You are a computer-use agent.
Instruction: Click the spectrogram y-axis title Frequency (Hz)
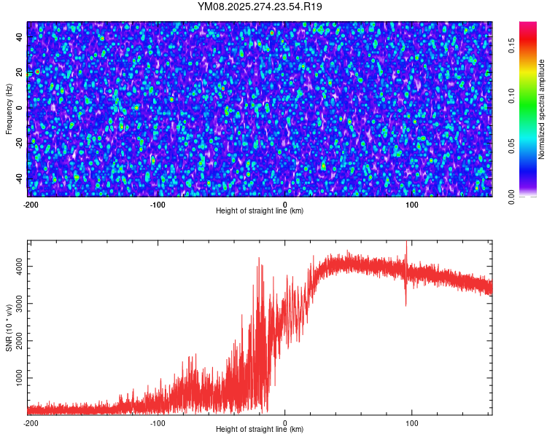[9, 109]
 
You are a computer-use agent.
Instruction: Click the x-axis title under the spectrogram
[260, 210]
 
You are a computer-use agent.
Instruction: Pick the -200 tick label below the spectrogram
[30, 203]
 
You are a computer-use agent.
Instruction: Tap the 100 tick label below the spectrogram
[412, 203]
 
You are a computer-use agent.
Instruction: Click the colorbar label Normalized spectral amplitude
[542, 109]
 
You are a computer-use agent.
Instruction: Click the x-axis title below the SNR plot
[260, 430]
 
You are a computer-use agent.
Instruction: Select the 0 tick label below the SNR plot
[284, 422]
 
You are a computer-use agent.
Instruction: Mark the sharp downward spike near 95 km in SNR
[406, 305]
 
